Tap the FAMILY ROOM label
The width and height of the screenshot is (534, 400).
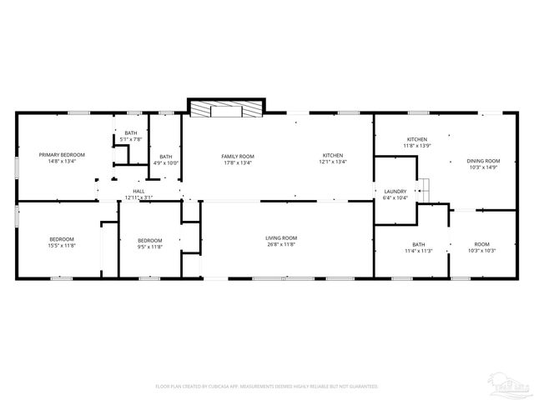[x=238, y=157]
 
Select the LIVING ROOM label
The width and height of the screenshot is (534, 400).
[x=281, y=238]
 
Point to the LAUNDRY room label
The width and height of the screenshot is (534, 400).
[x=395, y=192]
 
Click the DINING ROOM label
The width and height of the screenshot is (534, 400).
[x=483, y=160]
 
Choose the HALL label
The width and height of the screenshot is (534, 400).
[x=139, y=191]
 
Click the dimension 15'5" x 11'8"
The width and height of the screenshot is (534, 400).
[x=61, y=246]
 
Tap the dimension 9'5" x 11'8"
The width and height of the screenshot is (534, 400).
[x=149, y=246]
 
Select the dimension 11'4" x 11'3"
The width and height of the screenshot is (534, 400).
[x=418, y=251]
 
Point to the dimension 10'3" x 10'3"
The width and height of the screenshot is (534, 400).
[x=482, y=251]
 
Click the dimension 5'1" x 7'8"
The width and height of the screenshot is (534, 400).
[x=131, y=140]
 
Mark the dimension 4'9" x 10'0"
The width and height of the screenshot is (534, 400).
[x=166, y=163]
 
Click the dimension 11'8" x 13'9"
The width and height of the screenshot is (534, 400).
[x=416, y=146]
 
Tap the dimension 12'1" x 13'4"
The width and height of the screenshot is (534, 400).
[x=332, y=162]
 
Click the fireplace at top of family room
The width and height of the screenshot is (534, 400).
[x=225, y=108]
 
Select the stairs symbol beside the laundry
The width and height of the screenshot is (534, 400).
[x=424, y=190]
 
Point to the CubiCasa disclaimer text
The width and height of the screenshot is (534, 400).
[x=267, y=387]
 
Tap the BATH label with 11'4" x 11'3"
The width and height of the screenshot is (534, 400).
[x=418, y=243]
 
